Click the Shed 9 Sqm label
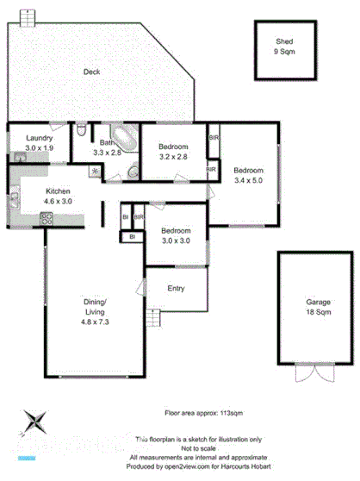tap(284, 47)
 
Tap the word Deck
tap(92, 72)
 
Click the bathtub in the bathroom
tap(126, 138)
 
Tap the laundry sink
tap(19, 156)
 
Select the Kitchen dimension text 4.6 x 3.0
tap(59, 204)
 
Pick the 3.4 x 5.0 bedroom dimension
tap(248, 181)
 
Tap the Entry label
tap(176, 289)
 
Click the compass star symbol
tap(34, 422)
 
